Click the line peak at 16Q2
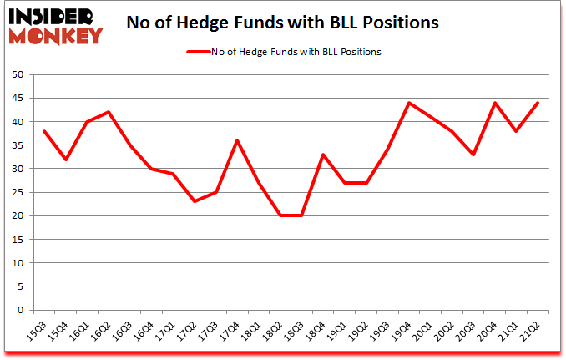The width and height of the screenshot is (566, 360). (x=109, y=112)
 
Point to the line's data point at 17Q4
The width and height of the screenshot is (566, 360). (x=238, y=140)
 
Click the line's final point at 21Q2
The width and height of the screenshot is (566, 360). (x=538, y=103)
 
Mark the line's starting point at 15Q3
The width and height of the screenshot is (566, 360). (x=44, y=131)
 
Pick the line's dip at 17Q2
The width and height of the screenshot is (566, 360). (x=195, y=201)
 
